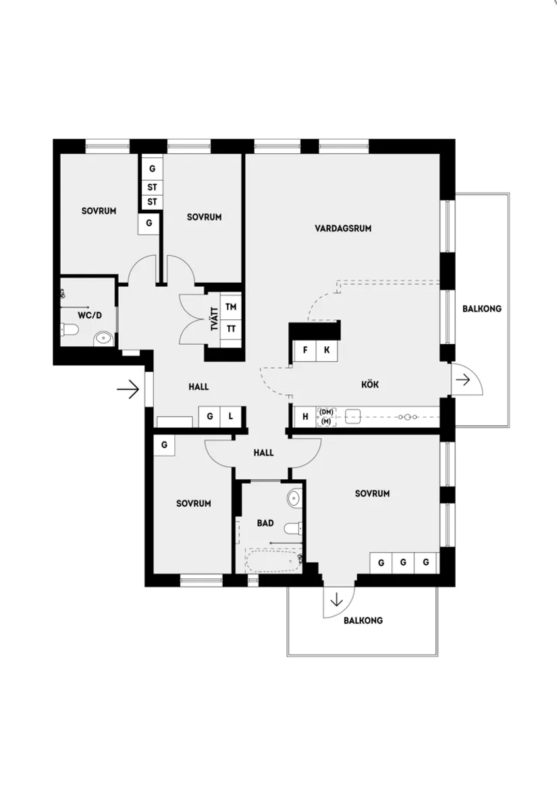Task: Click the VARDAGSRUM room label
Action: (343, 228)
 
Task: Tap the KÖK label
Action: (370, 384)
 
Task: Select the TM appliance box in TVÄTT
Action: (231, 307)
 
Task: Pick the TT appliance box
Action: (231, 329)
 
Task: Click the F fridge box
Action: (305, 350)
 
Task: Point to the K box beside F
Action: (327, 350)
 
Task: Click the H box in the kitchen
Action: (305, 416)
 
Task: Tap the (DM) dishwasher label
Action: (327, 412)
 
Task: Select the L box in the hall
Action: (231, 416)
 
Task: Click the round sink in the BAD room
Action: (294, 499)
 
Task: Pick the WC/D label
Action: (89, 315)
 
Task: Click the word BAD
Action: (265, 522)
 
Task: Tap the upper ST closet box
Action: (152, 186)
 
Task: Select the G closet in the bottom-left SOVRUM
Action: (164, 445)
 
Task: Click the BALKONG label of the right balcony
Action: (481, 309)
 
